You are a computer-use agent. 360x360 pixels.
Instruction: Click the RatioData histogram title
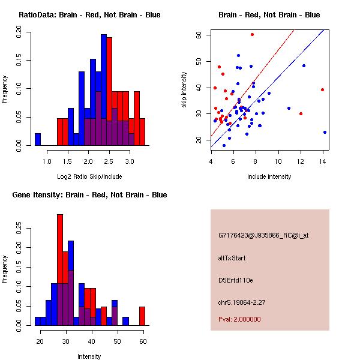coord(89,14)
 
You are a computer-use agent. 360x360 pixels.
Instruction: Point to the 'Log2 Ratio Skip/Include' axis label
coord(89,176)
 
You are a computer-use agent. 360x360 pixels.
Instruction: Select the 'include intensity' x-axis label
coord(269,176)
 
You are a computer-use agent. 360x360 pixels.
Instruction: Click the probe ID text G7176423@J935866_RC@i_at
coord(263,236)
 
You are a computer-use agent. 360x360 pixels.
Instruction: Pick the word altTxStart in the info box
coord(232,258)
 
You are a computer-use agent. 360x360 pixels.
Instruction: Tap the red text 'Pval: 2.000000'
coord(239,319)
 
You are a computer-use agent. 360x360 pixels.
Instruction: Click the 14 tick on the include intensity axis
coord(323,160)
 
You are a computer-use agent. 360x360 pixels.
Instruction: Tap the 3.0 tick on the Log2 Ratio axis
coord(129,160)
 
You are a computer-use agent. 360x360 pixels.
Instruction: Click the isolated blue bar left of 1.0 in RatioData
coord(38,139)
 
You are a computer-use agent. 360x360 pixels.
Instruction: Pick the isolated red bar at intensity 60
coord(142,316)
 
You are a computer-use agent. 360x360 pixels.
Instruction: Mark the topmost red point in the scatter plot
coord(252,35)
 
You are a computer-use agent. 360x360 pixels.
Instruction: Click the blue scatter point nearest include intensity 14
coord(325,132)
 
